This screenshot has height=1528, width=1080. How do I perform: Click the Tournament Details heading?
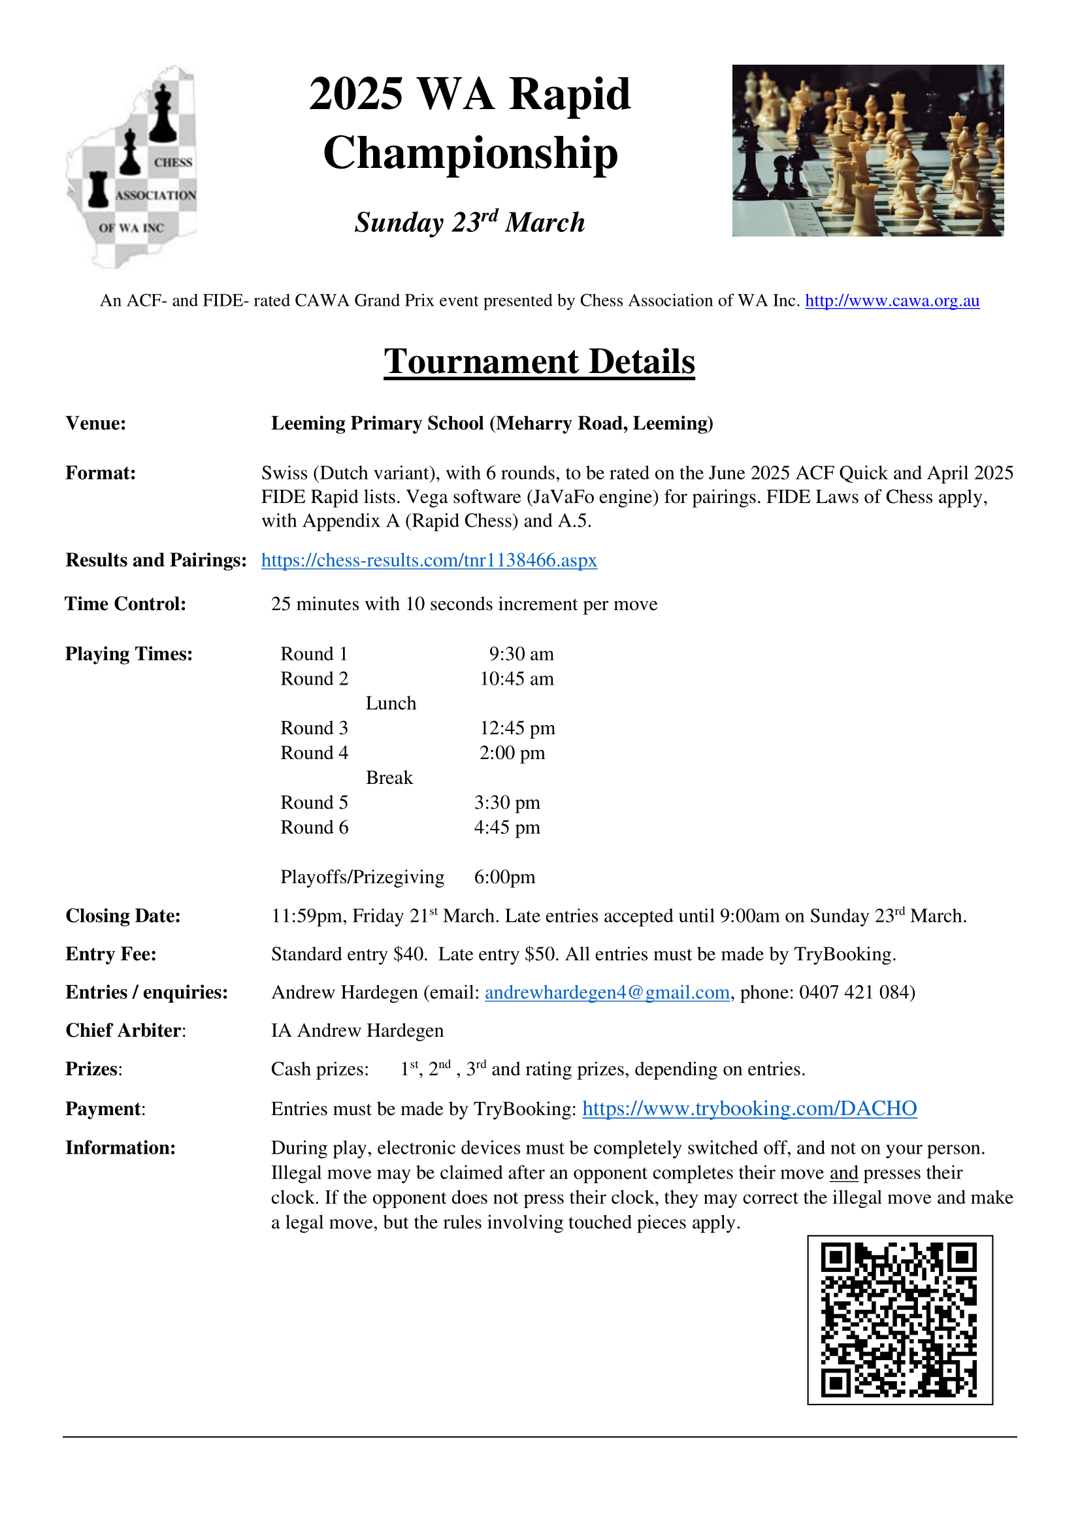click(539, 362)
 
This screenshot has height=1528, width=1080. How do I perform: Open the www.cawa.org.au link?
click(892, 301)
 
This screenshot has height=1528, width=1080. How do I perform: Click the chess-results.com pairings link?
click(429, 561)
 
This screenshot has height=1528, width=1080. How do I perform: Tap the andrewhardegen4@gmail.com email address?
click(607, 992)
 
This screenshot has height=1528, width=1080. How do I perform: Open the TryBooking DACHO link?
click(749, 1108)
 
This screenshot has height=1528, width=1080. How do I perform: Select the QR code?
click(900, 1320)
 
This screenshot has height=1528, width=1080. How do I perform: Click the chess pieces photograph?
click(868, 150)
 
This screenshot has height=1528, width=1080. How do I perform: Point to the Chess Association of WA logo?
click(133, 167)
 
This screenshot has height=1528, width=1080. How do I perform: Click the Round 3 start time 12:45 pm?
click(517, 728)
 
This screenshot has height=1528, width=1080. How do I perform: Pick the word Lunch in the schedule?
click(391, 704)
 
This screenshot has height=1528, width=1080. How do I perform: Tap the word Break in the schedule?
click(389, 778)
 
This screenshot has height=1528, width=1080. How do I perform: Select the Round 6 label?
click(314, 827)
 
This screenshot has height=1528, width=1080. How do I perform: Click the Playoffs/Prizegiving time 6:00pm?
click(504, 877)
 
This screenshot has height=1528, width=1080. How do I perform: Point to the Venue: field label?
click(96, 423)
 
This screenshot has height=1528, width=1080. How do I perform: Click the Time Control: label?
click(125, 604)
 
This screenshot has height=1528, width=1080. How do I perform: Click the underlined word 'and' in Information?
click(843, 1173)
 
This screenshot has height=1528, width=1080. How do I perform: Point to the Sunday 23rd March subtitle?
click(470, 221)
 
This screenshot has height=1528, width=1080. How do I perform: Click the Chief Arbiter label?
click(124, 1030)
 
